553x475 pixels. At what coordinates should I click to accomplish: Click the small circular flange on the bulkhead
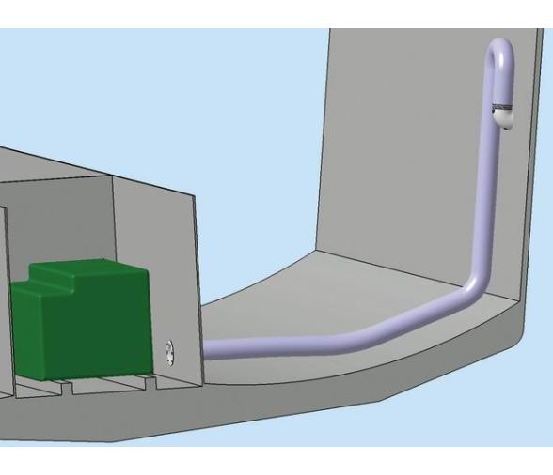pyautogui.click(x=169, y=352)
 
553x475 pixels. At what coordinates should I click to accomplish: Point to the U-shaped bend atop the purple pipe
pyautogui.click(x=498, y=52)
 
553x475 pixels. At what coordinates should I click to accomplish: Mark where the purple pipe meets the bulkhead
pyautogui.click(x=208, y=350)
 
